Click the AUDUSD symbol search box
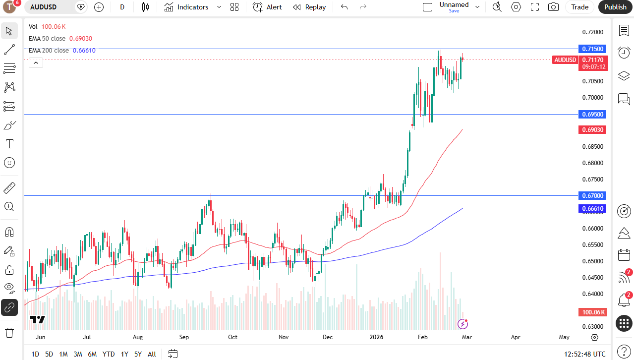click(50, 7)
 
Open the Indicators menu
click(192, 7)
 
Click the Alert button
click(267, 7)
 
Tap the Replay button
click(309, 7)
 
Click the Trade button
click(579, 7)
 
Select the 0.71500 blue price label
click(592, 49)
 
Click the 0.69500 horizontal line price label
click(592, 115)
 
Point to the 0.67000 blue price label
click(592, 196)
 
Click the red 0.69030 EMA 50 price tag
click(592, 130)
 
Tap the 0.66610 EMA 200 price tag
click(592, 209)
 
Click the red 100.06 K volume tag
click(593, 312)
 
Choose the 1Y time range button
click(124, 354)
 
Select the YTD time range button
click(109, 354)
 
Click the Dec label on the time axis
click(328, 337)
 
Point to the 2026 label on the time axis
click(376, 337)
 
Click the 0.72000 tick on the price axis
click(593, 32)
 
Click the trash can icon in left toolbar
click(9, 333)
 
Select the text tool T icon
click(9, 144)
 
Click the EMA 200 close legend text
click(49, 51)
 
